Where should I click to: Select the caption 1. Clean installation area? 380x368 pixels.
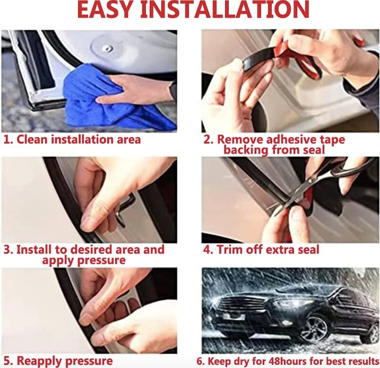(73, 140)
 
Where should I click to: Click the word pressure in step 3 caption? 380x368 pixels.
(99, 260)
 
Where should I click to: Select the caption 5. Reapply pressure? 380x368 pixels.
(58, 361)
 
